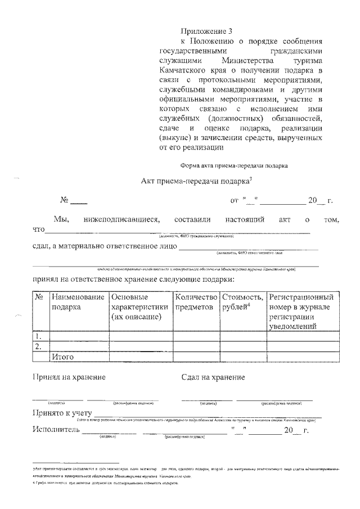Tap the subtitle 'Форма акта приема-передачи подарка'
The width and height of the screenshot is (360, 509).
234,166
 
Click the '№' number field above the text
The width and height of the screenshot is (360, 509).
78,201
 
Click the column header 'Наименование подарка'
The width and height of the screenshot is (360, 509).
78,302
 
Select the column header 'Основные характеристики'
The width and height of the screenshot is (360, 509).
139,307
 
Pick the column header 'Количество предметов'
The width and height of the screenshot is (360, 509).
196,302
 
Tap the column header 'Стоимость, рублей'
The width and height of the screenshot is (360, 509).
242,302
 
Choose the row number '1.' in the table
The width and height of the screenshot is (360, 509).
39,336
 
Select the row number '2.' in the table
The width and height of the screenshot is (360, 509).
39,346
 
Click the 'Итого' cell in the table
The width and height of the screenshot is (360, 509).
62,357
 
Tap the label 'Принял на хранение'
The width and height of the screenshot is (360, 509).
69,377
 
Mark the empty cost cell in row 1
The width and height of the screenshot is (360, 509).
242,336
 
